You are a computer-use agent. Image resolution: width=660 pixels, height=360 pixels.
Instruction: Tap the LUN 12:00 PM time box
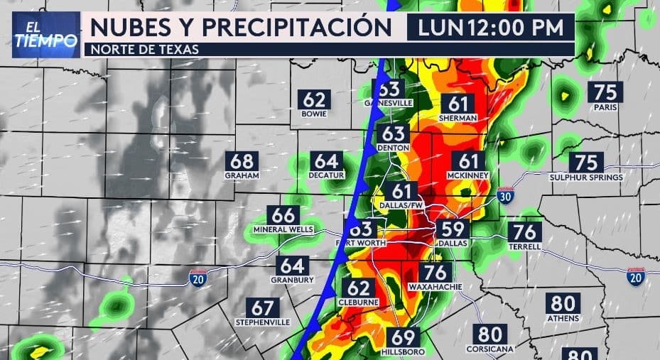tap(490, 28)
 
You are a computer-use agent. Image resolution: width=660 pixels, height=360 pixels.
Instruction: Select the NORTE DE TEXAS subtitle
tap(141, 49)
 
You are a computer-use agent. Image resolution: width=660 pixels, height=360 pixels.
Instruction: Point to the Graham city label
tap(242, 175)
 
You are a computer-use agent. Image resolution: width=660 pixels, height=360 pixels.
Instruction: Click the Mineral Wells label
tap(283, 229)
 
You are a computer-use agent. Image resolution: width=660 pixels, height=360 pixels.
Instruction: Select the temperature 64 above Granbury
tap(292, 266)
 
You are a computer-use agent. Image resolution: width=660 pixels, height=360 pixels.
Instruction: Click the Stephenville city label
tap(262, 322)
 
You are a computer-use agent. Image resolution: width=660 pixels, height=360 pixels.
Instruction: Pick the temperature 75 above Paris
tap(605, 92)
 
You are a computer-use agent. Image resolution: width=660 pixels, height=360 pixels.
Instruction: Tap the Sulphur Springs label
tap(586, 177)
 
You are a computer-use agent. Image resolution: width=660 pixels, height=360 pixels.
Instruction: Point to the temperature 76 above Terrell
tap(524, 232)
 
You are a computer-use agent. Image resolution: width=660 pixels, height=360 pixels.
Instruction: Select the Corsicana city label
tap(490, 349)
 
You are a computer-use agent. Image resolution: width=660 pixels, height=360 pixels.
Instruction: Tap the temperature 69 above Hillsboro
tap(402, 338)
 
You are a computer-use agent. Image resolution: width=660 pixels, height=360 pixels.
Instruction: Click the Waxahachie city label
tap(436, 287)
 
